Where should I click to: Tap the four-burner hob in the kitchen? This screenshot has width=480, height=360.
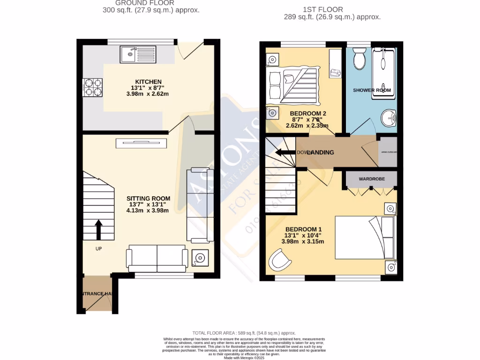93,86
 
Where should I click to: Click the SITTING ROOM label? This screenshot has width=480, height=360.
148,198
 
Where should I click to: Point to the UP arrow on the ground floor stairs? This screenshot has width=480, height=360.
98,230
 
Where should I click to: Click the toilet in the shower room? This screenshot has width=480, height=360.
360,59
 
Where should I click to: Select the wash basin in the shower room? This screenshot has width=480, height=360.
388,118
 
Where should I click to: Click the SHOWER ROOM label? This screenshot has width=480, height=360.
372,90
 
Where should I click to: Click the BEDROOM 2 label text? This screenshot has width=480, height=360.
307,113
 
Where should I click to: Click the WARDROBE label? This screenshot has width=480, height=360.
372,179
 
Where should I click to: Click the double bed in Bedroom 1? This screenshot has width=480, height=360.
365,237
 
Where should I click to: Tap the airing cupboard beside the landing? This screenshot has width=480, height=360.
388,152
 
